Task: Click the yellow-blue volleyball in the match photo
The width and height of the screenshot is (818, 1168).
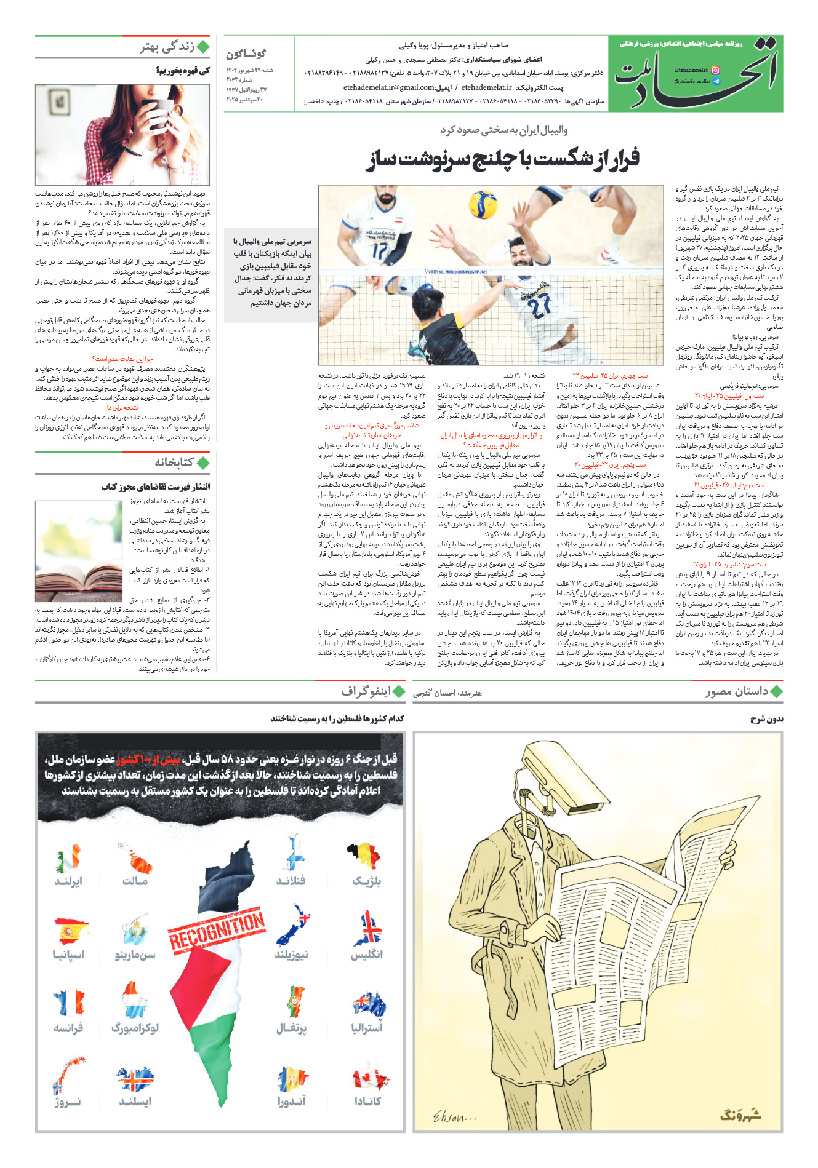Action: [x=483, y=204]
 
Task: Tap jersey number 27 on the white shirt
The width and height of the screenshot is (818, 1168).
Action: [x=539, y=306]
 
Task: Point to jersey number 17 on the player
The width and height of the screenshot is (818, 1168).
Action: [x=380, y=251]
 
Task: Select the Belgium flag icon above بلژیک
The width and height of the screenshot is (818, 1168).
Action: [x=364, y=857]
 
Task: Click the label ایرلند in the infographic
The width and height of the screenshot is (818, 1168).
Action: [x=68, y=881]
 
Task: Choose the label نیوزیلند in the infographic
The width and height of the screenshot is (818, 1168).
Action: [x=292, y=955]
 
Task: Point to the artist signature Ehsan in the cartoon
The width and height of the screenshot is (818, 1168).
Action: [x=455, y=1115]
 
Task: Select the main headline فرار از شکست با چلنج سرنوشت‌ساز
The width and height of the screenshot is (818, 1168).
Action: [x=503, y=159]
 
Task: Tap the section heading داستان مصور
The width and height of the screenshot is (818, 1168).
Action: [x=737, y=691]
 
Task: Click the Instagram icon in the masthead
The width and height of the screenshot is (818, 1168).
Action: [x=715, y=71]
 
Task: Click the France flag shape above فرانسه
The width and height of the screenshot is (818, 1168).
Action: [x=69, y=1004]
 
